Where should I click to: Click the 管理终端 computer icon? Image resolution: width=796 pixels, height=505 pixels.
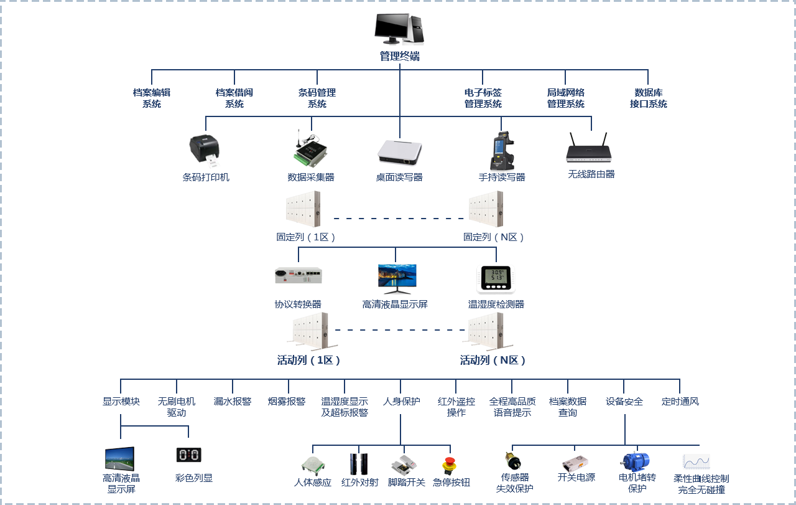click(399, 29)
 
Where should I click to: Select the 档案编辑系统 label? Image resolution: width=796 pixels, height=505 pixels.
click(152, 98)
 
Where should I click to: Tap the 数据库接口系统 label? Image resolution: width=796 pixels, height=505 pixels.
click(648, 98)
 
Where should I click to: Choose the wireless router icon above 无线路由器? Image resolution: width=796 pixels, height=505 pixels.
click(588, 149)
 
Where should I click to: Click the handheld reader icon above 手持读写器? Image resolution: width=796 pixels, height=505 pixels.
click(502, 150)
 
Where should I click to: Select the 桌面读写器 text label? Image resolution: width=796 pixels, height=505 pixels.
click(399, 177)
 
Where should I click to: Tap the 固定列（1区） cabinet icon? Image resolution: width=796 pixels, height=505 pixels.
click(303, 209)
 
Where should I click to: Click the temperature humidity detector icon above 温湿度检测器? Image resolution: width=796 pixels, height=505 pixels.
click(496, 279)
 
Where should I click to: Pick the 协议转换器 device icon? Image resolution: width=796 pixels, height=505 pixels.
click(298, 275)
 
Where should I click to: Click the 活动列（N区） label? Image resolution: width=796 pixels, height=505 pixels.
click(493, 360)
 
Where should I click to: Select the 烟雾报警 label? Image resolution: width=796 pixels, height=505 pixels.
click(287, 402)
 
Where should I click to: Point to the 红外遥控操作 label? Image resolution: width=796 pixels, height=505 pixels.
click(456, 407)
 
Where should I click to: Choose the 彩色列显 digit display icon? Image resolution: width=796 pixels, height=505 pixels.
click(189, 455)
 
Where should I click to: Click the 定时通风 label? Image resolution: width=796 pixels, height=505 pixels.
click(680, 402)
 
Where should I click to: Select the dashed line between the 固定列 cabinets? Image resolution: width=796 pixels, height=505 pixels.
click(399, 219)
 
